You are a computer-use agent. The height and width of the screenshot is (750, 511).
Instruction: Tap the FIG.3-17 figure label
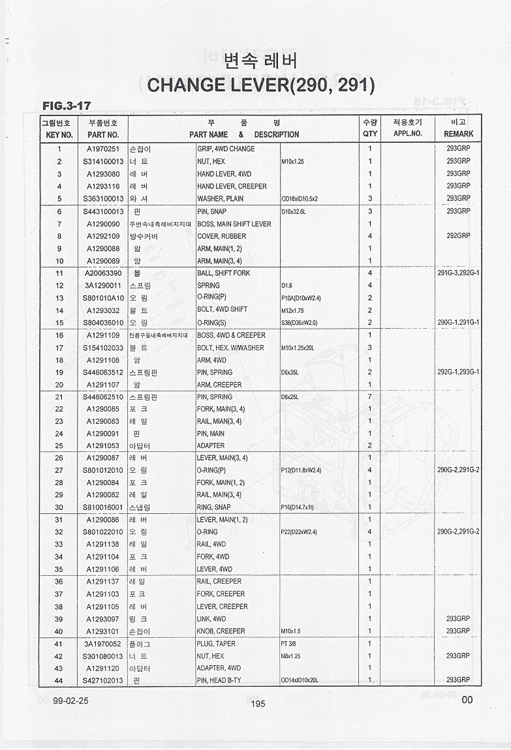[66, 106]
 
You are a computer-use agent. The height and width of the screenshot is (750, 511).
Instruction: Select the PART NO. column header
[102, 135]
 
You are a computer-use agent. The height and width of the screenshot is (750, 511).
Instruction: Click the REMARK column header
[458, 134]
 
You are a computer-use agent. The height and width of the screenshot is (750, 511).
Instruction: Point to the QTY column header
[370, 134]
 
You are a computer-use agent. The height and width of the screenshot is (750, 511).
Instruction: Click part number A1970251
[103, 149]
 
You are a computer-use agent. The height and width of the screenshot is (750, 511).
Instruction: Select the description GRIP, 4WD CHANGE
[226, 149]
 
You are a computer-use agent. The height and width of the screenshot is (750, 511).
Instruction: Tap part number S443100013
[103, 211]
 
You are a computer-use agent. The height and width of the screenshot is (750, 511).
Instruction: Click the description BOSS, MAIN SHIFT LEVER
[234, 224]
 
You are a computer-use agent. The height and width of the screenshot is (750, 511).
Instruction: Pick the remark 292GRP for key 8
[458, 236]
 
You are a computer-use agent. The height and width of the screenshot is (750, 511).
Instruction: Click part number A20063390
[103, 273]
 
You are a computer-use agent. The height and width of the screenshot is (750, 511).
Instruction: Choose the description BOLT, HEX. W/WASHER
[230, 348]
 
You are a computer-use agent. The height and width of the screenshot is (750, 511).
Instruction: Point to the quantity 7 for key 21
[370, 397]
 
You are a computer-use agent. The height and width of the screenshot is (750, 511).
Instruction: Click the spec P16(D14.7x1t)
[297, 507]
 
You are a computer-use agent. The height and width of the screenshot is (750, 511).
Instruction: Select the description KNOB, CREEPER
[221, 631]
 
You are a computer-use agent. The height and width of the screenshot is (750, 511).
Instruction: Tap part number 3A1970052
[103, 644]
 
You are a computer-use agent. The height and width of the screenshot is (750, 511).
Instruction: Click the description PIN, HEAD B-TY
[219, 681]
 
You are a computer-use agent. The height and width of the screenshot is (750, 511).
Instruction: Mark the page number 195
[257, 704]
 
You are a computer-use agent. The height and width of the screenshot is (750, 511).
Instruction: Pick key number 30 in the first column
[59, 507]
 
